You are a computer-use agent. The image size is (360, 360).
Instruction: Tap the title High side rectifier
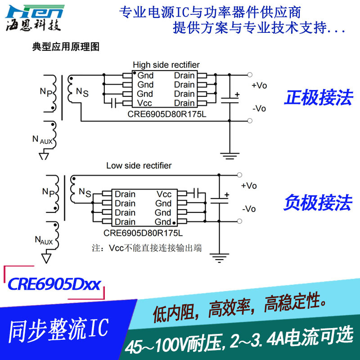pos(166,65)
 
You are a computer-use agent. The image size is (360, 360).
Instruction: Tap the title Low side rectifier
pos(139,166)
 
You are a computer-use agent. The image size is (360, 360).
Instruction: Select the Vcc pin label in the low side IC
pos(164,194)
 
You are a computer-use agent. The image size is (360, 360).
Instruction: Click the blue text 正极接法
pos(318,98)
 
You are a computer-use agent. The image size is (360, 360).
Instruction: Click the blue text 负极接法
pos(318,203)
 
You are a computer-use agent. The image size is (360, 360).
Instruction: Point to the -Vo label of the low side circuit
pos(249,209)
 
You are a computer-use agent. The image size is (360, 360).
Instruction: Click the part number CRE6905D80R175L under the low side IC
pos(143,233)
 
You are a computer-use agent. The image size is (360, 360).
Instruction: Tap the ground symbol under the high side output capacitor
pos(230,156)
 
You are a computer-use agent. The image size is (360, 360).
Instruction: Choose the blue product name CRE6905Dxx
pos(54,284)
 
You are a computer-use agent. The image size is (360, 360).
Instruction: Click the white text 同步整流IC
pos(58,330)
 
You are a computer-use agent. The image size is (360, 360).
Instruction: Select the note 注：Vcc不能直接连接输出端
pos(146,248)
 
